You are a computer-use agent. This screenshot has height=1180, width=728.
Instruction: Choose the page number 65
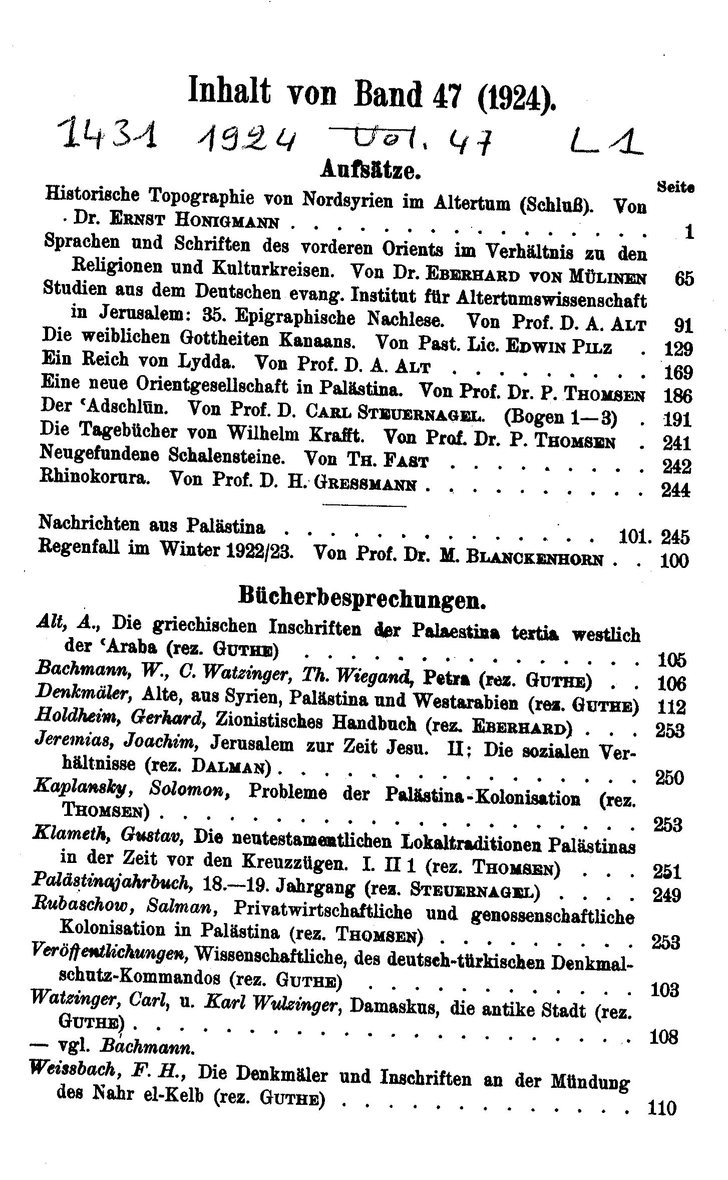pyautogui.click(x=684, y=278)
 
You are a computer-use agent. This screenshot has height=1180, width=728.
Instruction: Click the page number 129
pyautogui.click(x=677, y=349)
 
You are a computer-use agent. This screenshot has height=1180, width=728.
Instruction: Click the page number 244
pyautogui.click(x=676, y=489)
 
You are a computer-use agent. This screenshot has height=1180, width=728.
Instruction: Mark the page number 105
pyautogui.click(x=671, y=660)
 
